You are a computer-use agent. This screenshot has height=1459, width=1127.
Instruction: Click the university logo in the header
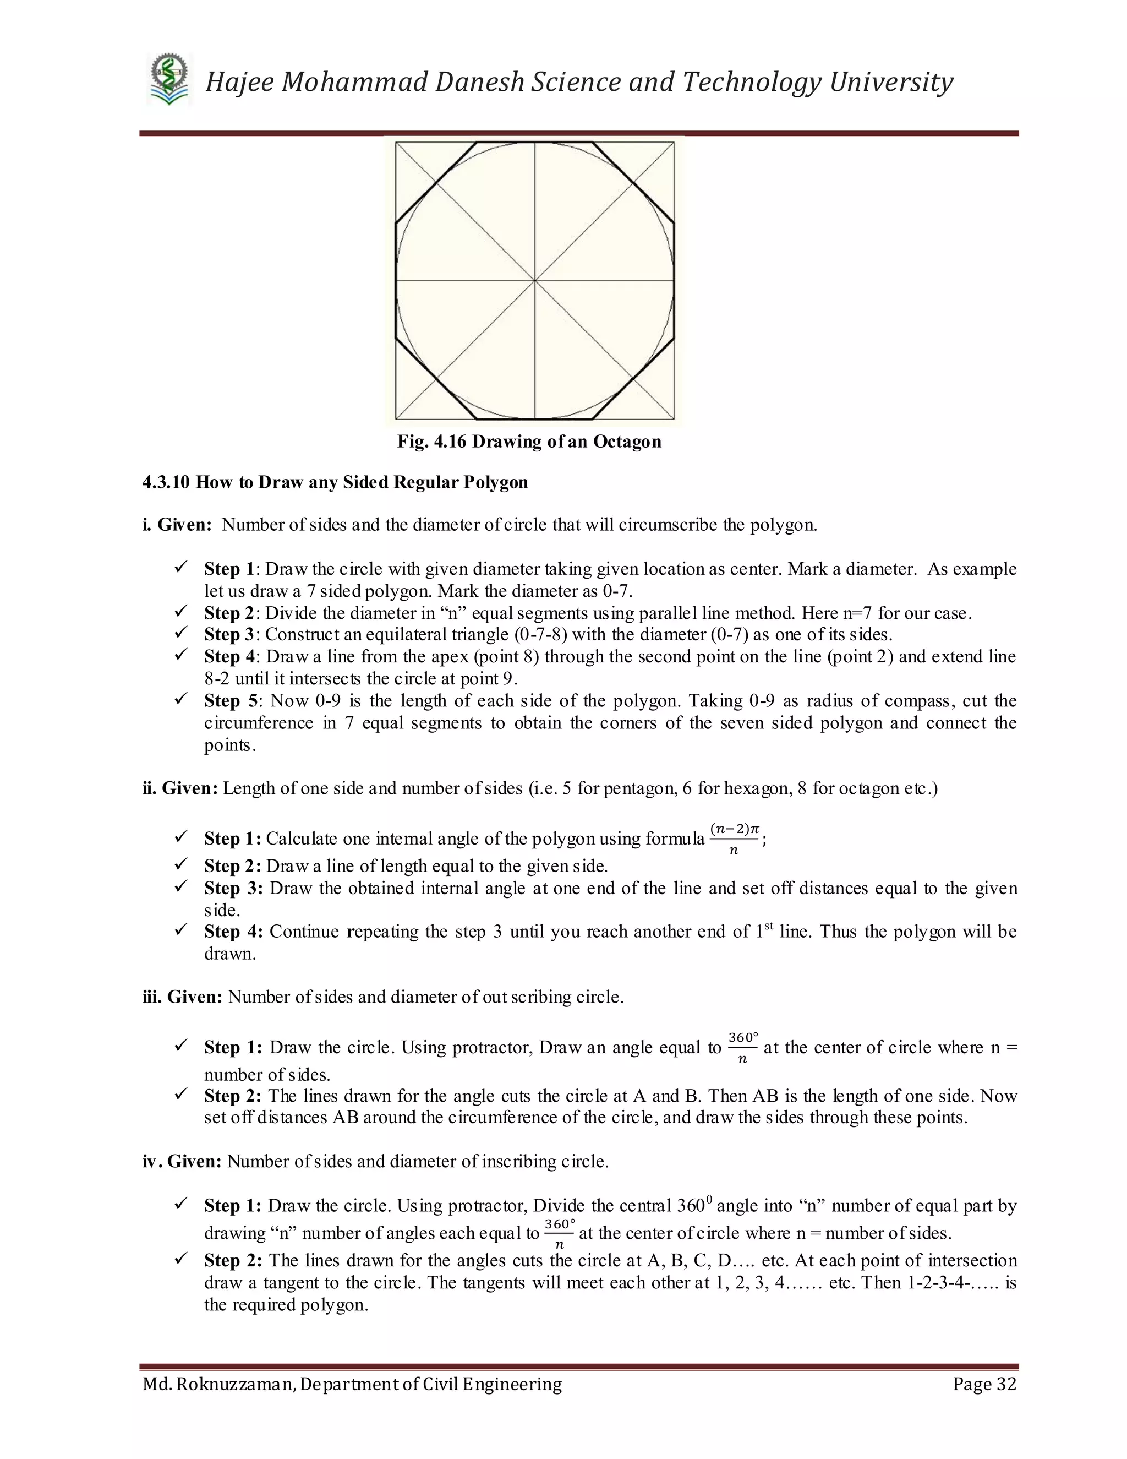coord(169,81)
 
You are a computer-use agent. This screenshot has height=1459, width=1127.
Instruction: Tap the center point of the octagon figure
coord(535,281)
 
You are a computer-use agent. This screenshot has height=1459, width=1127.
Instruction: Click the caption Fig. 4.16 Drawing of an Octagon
coord(529,442)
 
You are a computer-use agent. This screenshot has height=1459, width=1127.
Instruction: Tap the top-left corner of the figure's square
coord(396,142)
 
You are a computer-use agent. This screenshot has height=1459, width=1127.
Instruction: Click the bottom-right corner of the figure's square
coord(674,420)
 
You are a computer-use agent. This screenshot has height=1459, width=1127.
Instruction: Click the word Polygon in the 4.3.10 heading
coord(495,482)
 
